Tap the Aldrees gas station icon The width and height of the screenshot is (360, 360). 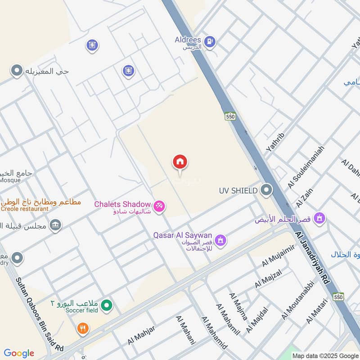(x=210, y=42)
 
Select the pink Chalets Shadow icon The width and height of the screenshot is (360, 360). (x=159, y=207)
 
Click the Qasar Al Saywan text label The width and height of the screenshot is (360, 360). (x=182, y=235)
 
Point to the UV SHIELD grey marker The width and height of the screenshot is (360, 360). (x=266, y=190)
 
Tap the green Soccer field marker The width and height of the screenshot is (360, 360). (x=106, y=306)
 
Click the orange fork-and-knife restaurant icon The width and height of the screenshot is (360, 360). (x=82, y=328)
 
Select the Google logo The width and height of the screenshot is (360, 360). (x=19, y=353)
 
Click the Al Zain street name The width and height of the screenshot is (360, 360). (x=305, y=198)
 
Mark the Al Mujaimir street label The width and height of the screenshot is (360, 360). (x=278, y=255)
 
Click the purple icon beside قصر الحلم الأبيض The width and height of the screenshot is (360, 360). (x=320, y=218)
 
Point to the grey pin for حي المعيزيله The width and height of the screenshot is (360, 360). (x=17, y=71)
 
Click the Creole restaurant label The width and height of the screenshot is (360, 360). (x=24, y=209)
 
